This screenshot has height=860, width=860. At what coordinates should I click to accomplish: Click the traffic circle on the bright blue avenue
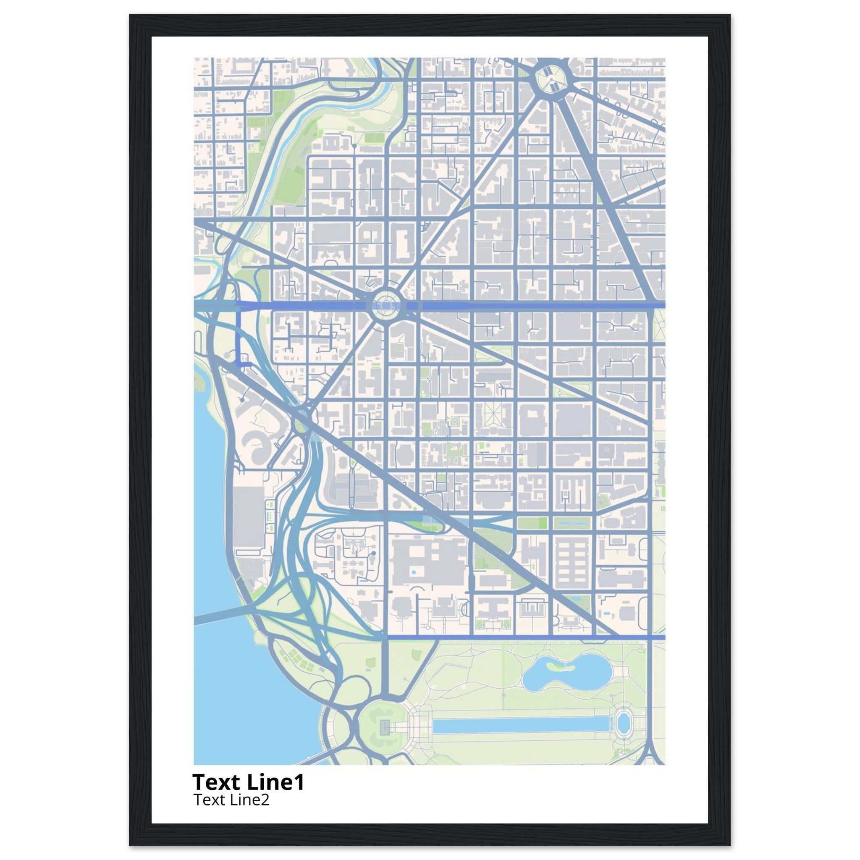pos(385,305)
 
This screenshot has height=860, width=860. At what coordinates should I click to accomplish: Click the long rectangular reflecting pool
pos(521,726)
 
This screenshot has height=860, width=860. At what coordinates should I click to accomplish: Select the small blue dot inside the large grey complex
pos(414,572)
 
